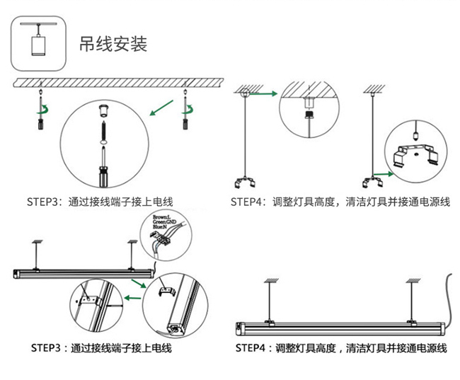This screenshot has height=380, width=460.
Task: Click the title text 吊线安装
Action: pos(113,44)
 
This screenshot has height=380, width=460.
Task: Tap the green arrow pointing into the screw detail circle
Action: pos(162,108)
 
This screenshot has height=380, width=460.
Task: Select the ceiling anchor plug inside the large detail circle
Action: pos(103,110)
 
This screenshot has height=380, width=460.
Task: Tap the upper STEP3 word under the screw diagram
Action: pos(46,202)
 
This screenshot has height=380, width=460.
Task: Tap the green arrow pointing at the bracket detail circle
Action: pos(384,173)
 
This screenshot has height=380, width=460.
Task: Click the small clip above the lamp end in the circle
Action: pos(168,291)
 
